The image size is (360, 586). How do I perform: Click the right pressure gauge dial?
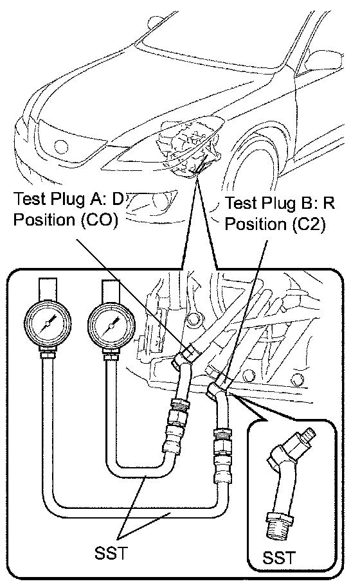point(111,326)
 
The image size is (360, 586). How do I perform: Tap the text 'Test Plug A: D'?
point(68,199)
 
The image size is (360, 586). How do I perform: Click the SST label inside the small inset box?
point(279,558)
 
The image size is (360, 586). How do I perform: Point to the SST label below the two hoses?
point(111,553)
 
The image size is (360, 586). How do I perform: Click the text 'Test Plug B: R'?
point(279,203)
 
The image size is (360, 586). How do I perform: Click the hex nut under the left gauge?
point(47,353)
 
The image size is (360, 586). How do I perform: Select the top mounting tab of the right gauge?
point(111,291)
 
